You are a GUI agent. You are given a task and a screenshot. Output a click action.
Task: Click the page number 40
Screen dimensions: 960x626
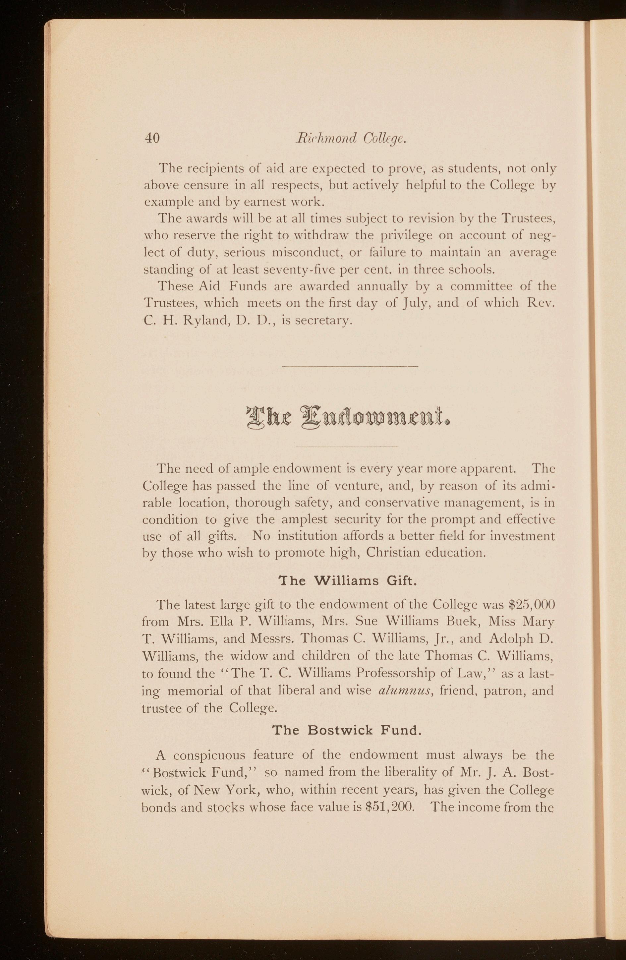tap(152, 138)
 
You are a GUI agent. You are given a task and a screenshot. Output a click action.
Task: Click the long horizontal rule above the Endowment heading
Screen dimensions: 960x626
tap(350, 366)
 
